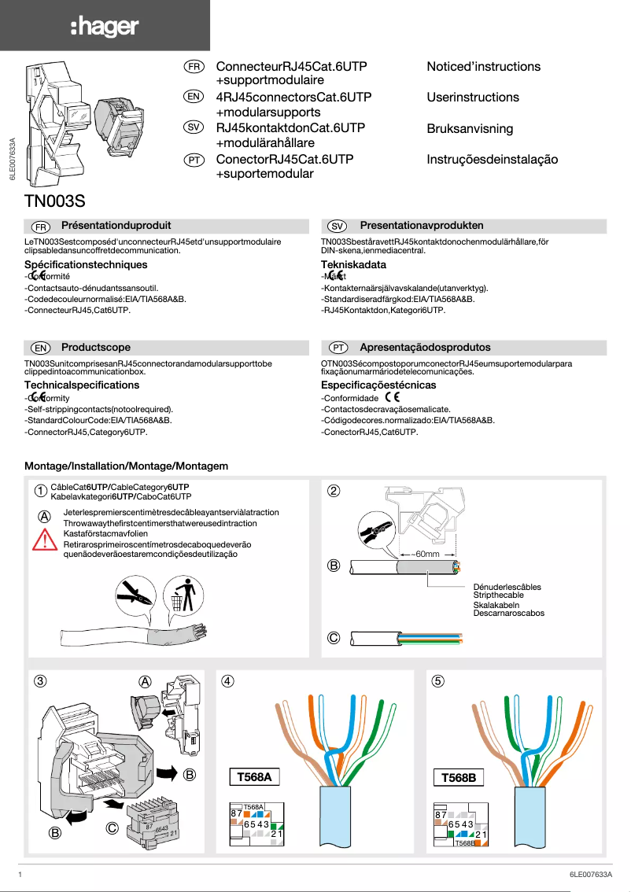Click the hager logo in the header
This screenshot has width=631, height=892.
[x=104, y=28]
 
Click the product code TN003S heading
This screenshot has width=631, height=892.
[x=55, y=200]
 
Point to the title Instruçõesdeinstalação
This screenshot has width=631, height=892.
[x=492, y=160]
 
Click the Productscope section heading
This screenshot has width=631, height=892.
[x=96, y=348]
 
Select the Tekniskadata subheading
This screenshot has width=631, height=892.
[x=353, y=265]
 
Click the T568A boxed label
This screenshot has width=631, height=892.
[x=254, y=778]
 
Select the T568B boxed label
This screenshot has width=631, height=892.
[x=459, y=778]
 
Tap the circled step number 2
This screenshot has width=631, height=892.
[x=334, y=492]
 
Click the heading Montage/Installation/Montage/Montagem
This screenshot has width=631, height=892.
[x=126, y=466]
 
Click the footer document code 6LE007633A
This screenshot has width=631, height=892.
[x=590, y=875]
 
